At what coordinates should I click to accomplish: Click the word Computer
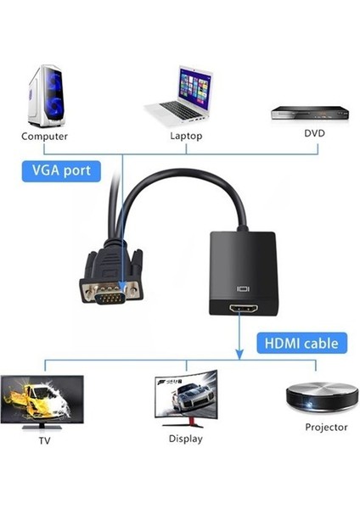pos(44,136)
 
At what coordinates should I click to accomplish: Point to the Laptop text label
pos(183,134)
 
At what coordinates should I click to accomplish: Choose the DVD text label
pos(314,133)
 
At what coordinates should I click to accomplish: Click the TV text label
pos(44,442)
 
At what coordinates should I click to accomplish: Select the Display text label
pos(186,439)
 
